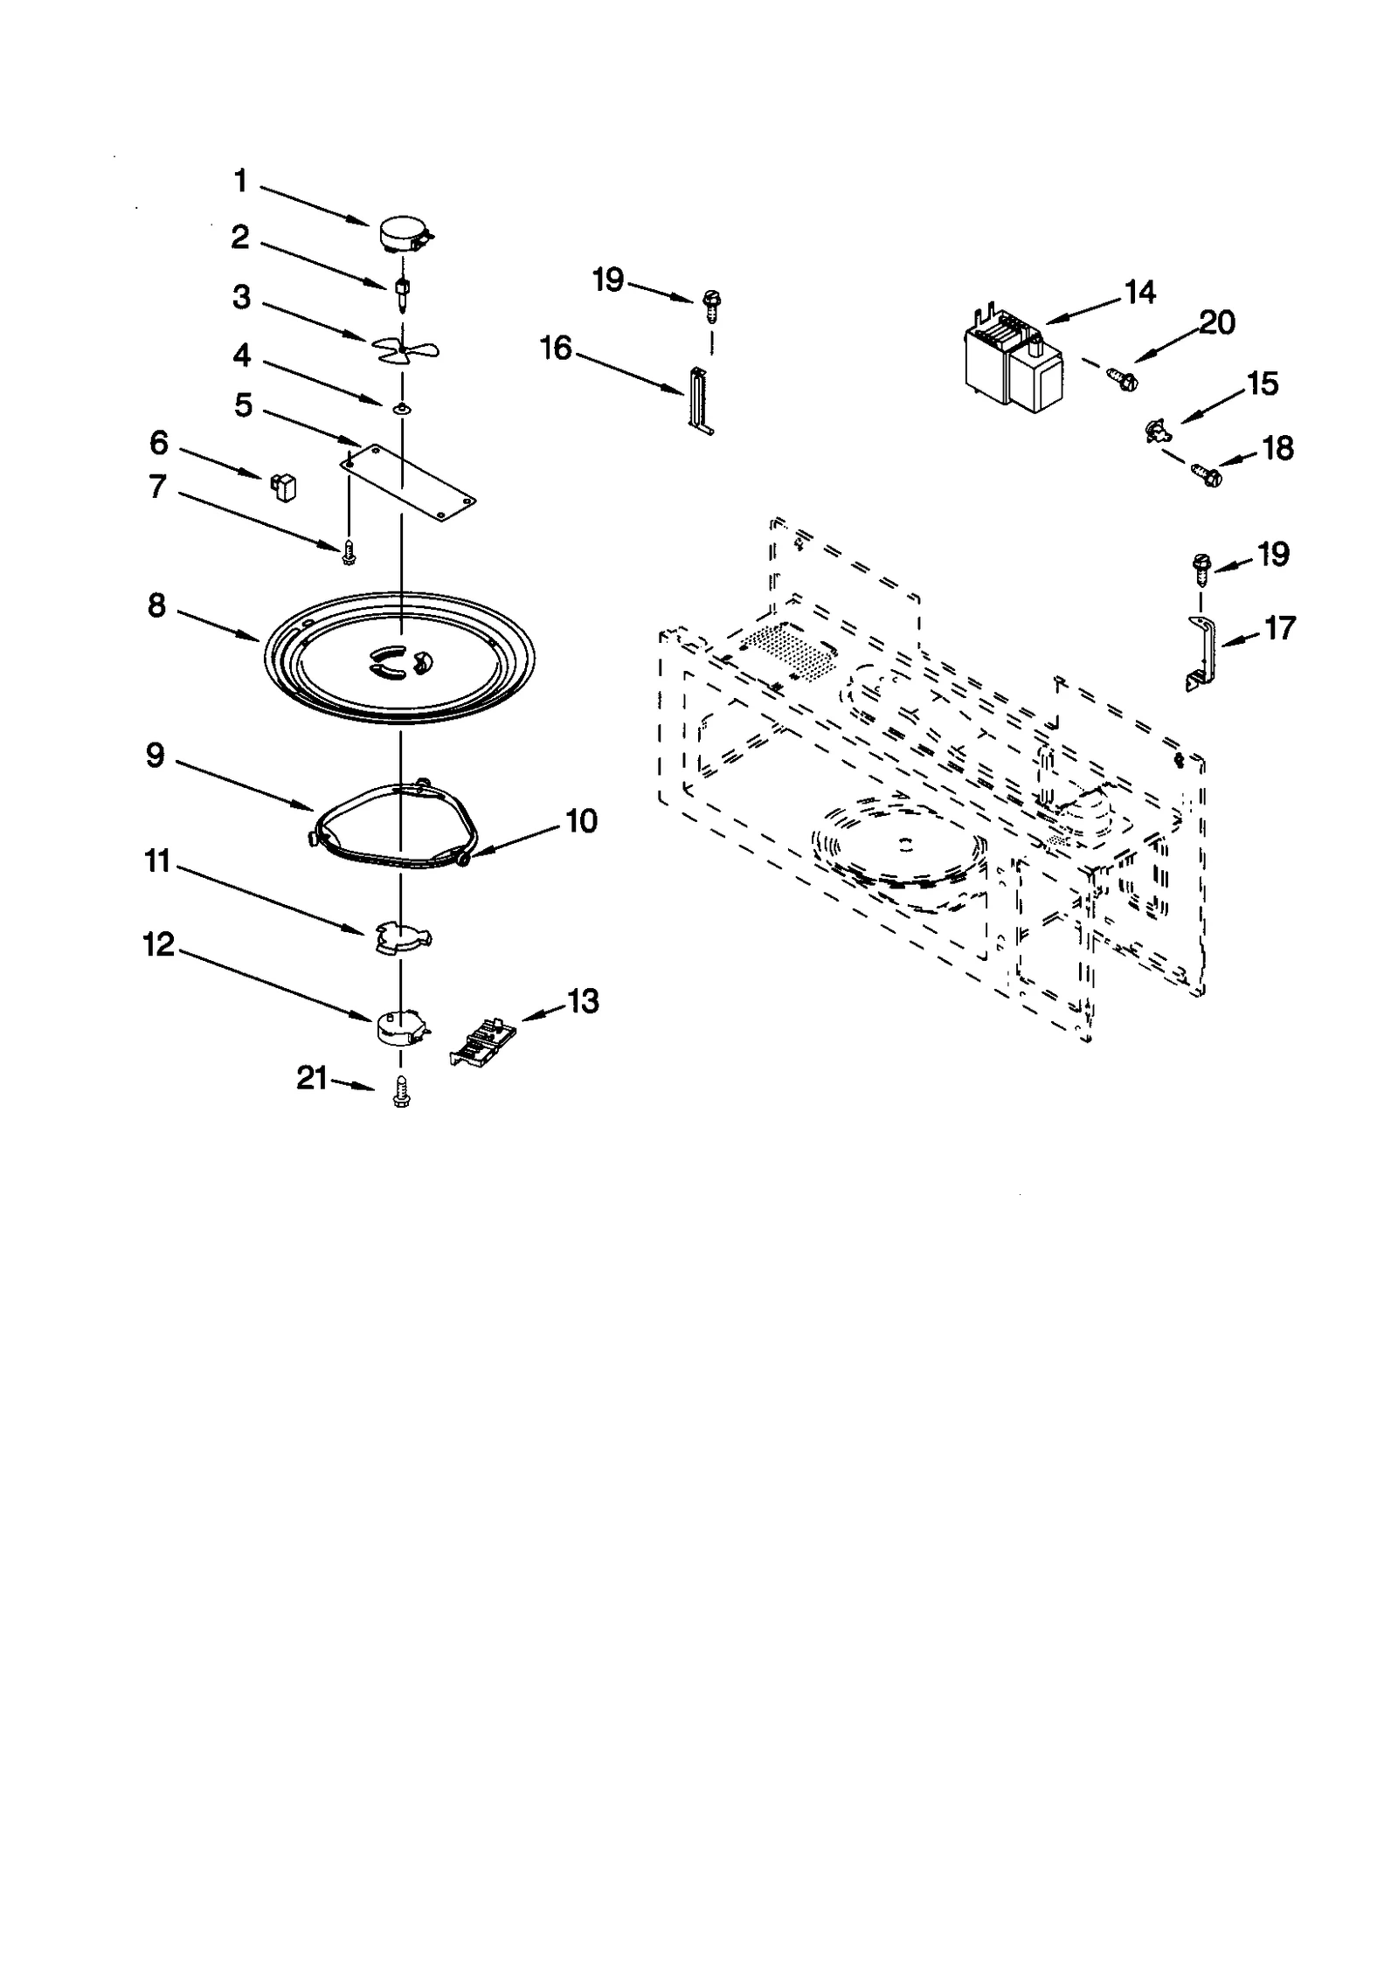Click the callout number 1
[240, 182]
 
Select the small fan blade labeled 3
[405, 349]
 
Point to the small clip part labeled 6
[284, 486]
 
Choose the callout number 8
[156, 605]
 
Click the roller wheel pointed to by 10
[461, 860]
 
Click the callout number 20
[1216, 323]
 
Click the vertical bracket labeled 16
[699, 400]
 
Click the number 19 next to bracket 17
[1273, 554]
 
